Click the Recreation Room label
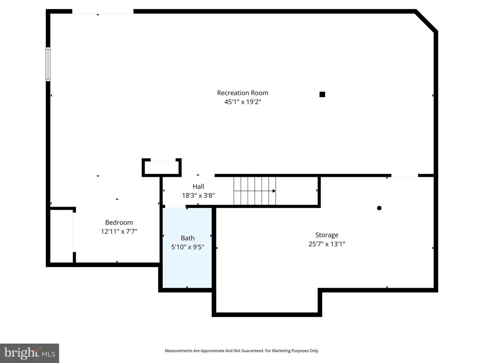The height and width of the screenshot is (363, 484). coord(242,93)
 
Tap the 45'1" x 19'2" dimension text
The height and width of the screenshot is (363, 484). coord(242,102)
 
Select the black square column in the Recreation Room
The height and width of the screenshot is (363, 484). coord(322,94)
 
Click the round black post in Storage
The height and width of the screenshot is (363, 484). coord(379,208)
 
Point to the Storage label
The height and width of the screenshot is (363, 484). coord(327,235)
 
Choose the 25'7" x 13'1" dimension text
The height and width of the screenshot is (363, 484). coord(327,244)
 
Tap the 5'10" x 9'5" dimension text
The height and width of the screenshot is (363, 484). coord(188,247)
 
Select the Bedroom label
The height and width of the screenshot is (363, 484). coord(119,223)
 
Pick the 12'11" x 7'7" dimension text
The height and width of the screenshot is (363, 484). coord(119,232)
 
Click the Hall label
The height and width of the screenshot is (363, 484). coord(198,187)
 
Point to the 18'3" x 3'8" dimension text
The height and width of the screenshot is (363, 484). coord(198,196)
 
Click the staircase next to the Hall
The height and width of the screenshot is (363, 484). coord(254,191)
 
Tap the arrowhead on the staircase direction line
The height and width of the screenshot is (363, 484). coord(274,191)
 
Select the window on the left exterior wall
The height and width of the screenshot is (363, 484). coord(48,64)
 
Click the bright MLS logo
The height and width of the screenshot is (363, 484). coord(30,353)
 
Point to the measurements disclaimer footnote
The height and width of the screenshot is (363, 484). coord(242,351)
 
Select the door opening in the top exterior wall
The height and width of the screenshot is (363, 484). coord(103,12)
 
